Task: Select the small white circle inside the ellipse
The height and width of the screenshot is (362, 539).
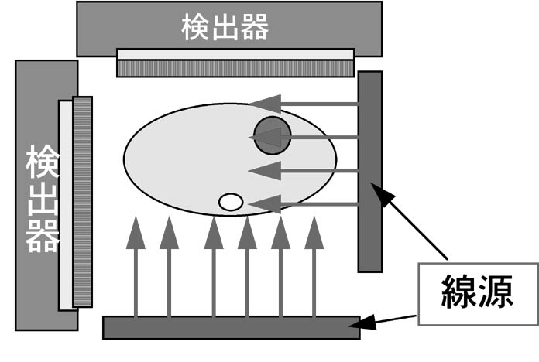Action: (231, 203)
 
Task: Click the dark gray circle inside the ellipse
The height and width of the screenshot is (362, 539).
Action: (273, 135)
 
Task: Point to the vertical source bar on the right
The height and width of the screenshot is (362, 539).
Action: (370, 171)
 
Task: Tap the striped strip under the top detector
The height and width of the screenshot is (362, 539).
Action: (236, 68)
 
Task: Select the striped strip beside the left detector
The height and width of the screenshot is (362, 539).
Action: (82, 201)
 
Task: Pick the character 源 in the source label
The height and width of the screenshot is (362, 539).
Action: (500, 292)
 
